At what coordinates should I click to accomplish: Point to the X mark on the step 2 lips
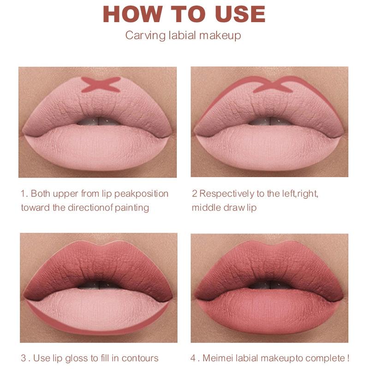click(x=270, y=85)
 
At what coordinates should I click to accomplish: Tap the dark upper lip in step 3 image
click(x=98, y=263)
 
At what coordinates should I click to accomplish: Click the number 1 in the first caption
click(x=23, y=193)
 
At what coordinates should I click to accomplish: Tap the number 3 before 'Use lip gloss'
click(x=24, y=358)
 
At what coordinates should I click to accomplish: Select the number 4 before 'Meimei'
click(x=193, y=358)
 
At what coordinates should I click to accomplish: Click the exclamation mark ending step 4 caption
click(x=347, y=358)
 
